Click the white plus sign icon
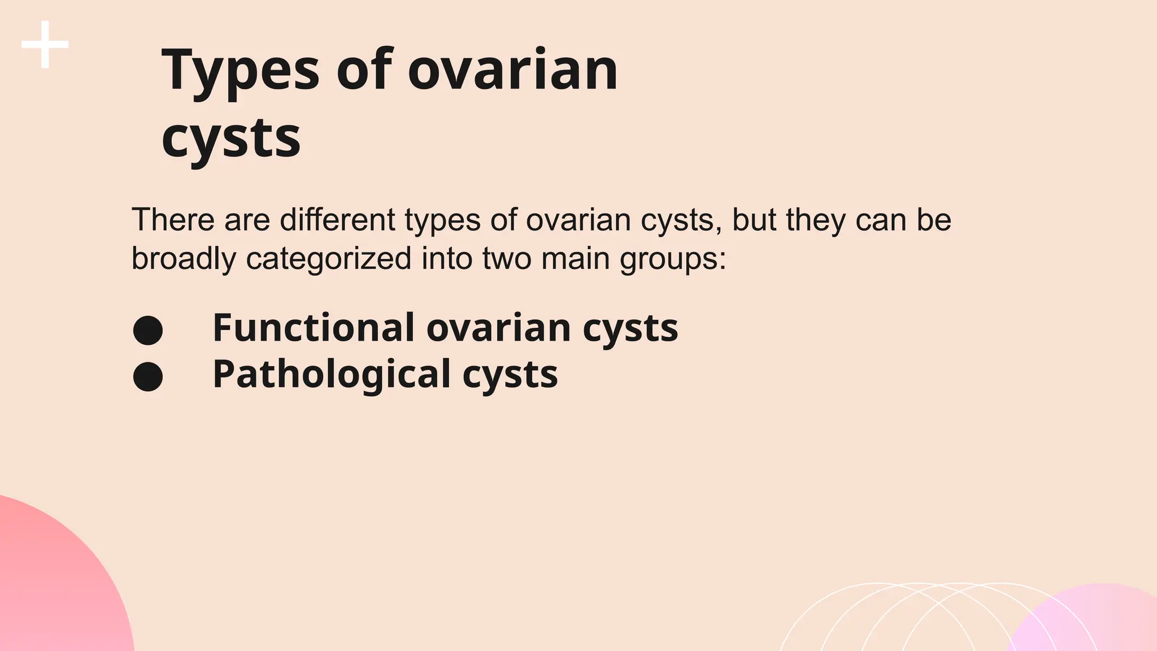[x=45, y=45]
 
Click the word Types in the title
[x=241, y=70]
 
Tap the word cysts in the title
[x=231, y=138]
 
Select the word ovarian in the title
[x=512, y=70]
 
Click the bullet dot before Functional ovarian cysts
[x=148, y=330]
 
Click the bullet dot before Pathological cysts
[x=148, y=376]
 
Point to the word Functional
[x=314, y=328]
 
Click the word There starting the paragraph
[x=173, y=220]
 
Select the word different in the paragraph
[x=337, y=220]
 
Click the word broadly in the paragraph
[x=183, y=259]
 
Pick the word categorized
[x=329, y=259]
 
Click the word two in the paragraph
[x=506, y=259]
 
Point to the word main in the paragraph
[x=575, y=259]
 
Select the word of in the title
[x=364, y=70]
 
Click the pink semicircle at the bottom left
[x=51, y=588]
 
